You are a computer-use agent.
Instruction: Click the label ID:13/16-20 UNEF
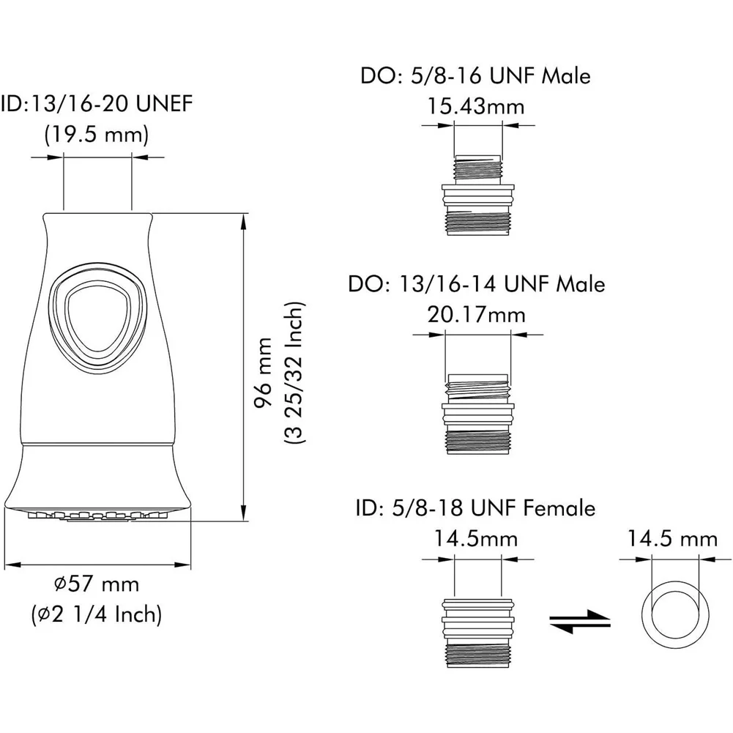(97, 103)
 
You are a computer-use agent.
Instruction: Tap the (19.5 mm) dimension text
(97, 135)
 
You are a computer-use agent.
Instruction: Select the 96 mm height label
(264, 373)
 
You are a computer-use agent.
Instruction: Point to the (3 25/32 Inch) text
(295, 373)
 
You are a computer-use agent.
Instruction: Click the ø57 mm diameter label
(97, 584)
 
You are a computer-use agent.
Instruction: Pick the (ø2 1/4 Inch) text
(97, 614)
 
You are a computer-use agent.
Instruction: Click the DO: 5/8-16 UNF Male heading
(475, 75)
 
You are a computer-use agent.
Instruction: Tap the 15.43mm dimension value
(476, 107)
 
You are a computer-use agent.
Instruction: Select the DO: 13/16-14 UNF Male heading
(477, 284)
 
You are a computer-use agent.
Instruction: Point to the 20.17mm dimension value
(477, 315)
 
